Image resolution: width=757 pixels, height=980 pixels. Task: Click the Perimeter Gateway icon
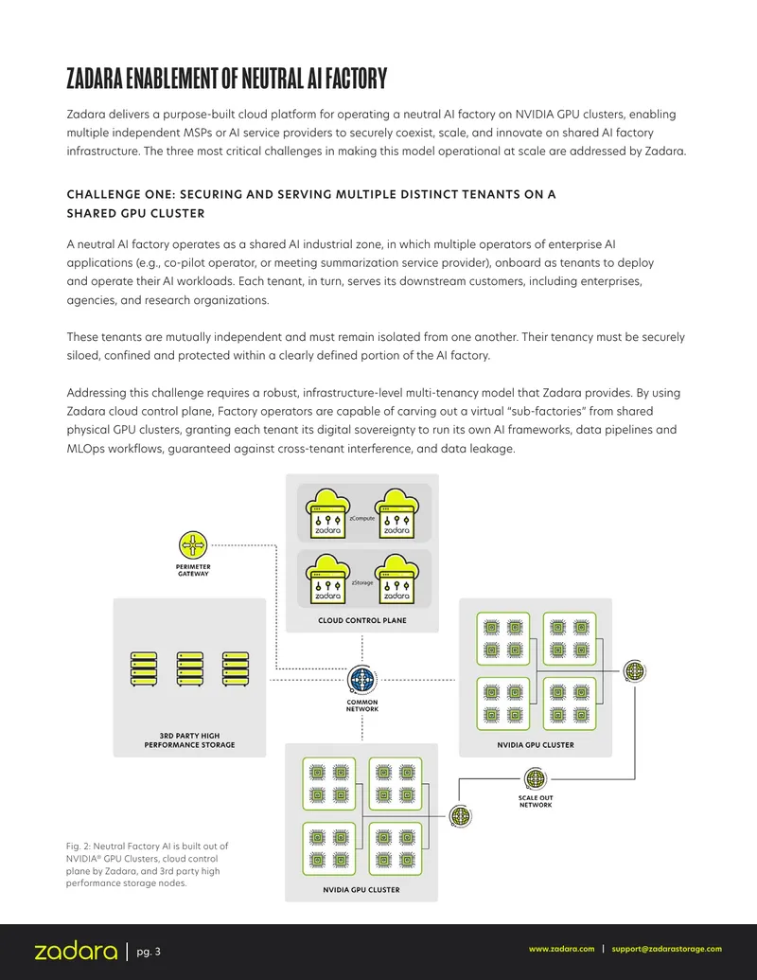(193, 545)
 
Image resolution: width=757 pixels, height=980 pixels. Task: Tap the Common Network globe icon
(362, 680)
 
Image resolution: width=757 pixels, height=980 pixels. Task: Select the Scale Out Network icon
(536, 779)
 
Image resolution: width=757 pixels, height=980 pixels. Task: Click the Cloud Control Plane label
(362, 620)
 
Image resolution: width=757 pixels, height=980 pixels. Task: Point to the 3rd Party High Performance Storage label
(189, 740)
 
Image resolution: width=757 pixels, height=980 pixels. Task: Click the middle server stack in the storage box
(190, 668)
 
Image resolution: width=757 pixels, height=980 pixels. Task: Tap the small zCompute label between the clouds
(362, 518)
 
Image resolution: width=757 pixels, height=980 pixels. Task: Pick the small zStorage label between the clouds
(362, 582)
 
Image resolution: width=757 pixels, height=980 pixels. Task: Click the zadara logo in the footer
(76, 952)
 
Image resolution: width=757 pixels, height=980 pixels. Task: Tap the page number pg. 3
(149, 952)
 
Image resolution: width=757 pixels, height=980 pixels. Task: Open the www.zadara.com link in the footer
(561, 949)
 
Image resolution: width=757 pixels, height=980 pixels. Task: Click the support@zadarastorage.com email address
(666, 949)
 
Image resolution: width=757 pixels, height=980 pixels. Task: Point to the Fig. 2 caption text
(147, 864)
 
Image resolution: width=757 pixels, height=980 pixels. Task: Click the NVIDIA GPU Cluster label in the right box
(536, 745)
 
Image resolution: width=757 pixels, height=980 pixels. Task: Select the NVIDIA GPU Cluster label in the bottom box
(361, 889)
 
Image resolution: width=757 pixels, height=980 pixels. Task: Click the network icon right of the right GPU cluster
(635, 671)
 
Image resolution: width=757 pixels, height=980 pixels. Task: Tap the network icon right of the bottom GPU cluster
(460, 815)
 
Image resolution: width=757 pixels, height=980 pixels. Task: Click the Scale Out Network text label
(536, 801)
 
